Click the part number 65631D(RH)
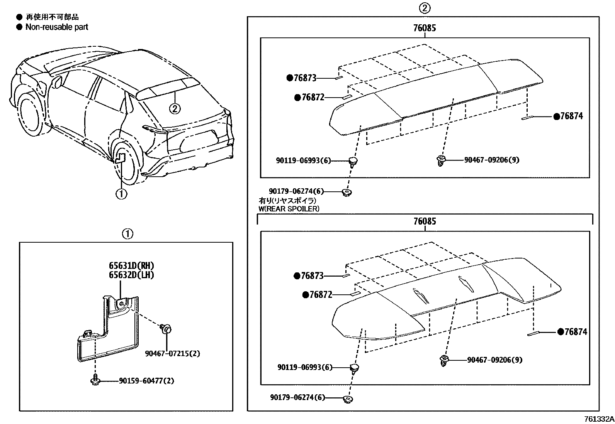pyautogui.click(x=128, y=266)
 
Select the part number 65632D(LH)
pyautogui.click(x=128, y=275)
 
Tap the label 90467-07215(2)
pyautogui.click(x=172, y=353)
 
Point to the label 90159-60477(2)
pyautogui.click(x=146, y=381)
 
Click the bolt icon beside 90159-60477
pyautogui.click(x=95, y=380)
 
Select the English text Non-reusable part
pyautogui.click(x=56, y=27)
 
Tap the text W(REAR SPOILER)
pyautogui.click(x=289, y=209)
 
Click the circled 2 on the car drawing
pyautogui.click(x=175, y=109)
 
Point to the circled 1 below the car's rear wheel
pyautogui.click(x=121, y=194)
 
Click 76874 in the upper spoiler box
pyautogui.click(x=571, y=116)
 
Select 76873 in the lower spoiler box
pyautogui.click(x=312, y=276)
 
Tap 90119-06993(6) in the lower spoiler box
pyautogui.click(x=305, y=368)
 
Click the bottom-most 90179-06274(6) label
pyautogui.click(x=297, y=397)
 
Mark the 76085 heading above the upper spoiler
pyautogui.click(x=425, y=28)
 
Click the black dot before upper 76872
pyautogui.click(x=297, y=98)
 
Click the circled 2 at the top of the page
pyautogui.click(x=425, y=8)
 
